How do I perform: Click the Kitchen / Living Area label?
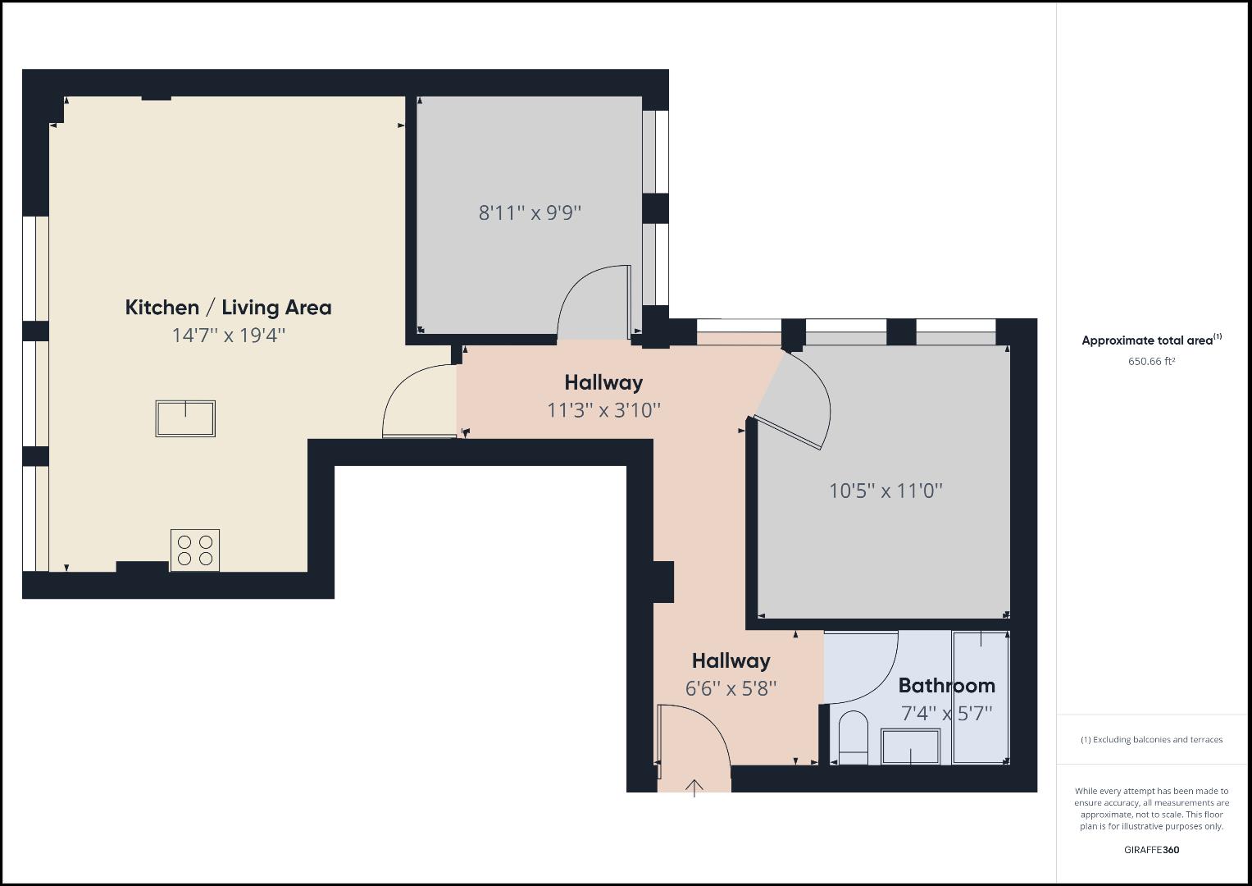coord(228,308)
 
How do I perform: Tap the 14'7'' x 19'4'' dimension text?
coord(228,336)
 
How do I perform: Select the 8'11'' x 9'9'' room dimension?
coord(530,213)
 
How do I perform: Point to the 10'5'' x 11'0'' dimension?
coord(886,491)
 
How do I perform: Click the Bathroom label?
coord(946,686)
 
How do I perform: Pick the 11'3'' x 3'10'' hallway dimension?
coord(603,410)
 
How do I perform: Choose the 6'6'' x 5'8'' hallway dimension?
coord(731,688)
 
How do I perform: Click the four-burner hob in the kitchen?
coord(195,550)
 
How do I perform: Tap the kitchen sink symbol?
coord(185,418)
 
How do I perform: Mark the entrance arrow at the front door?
coord(694,788)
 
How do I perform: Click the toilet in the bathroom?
coord(853,735)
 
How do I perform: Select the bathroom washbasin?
coord(910,747)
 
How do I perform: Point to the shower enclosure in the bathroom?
coord(981,697)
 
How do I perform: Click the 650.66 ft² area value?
coord(1151,362)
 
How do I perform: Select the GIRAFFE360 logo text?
coord(1151,850)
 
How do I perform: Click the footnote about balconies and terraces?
coord(1151,740)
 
